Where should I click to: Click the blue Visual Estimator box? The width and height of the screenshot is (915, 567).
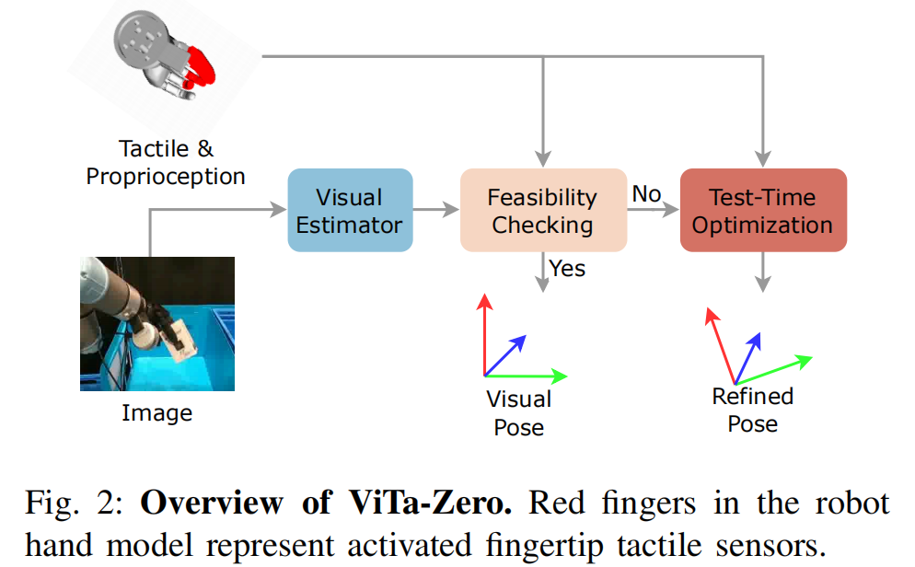coord(350,211)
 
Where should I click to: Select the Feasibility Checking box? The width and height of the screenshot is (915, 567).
coord(543,211)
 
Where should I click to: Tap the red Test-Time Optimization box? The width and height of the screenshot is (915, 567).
coord(762,211)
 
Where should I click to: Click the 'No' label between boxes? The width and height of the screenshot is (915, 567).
coord(646,194)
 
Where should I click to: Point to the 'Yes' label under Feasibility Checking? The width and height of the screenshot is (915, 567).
coord(568,268)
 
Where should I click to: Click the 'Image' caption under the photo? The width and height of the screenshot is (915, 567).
coord(157,413)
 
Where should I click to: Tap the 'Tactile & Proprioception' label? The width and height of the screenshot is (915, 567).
coord(166,162)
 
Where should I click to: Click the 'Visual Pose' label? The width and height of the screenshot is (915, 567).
coord(519,413)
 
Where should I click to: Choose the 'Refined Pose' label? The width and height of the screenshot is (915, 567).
coord(753,410)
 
